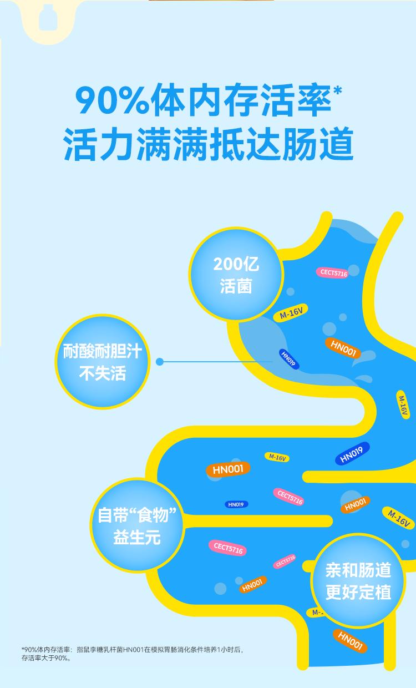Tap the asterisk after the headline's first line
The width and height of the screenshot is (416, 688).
tap(337, 91)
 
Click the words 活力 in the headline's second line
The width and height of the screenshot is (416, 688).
tap(99, 144)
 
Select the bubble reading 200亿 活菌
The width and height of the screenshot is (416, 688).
tap(236, 274)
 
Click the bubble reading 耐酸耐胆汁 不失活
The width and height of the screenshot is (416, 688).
tap(102, 362)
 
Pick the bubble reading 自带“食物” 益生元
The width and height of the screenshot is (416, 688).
tap(137, 525)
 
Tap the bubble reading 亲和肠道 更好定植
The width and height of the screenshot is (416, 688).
tap(358, 581)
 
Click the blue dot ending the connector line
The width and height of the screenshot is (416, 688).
tap(160, 362)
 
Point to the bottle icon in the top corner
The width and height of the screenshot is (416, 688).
tap(48, 18)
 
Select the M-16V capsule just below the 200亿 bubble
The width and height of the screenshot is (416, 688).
tap(291, 313)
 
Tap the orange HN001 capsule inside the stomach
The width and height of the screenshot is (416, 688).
tap(343, 348)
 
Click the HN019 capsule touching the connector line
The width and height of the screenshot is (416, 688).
tap(288, 359)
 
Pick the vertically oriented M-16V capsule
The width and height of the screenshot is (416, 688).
tap(403, 405)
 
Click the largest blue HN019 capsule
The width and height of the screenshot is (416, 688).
tap(352, 454)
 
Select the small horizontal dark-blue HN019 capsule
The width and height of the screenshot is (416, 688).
tap(236, 504)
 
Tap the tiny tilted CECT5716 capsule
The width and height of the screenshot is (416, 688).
tap(285, 561)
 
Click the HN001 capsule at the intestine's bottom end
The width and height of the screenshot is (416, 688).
tap(350, 641)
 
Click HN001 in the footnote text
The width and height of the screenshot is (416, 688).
tap(133, 650)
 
